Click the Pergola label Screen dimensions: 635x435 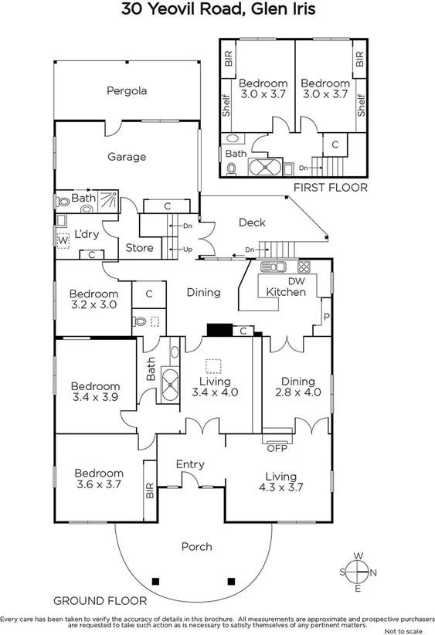(126, 90)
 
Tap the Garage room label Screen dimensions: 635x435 (126, 157)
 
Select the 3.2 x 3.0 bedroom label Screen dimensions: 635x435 (93, 299)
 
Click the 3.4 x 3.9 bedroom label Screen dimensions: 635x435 (96, 392)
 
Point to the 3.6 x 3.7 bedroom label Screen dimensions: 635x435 (99, 479)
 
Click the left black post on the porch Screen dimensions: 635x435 (156, 581)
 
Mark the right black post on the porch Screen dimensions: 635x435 (229, 581)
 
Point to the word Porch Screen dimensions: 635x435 (196, 547)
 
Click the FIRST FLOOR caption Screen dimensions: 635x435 (331, 188)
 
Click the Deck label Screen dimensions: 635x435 (251, 222)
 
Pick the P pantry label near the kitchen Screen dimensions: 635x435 (327, 316)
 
